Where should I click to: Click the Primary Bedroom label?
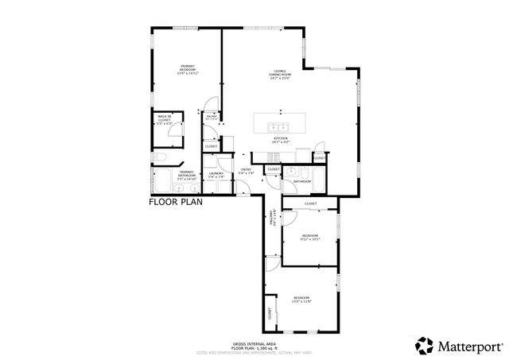pos(188,69)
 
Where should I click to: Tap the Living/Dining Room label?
pos(280,75)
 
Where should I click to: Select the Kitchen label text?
pos(280,140)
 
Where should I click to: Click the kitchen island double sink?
pos(279,126)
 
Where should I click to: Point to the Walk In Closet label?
pos(165,121)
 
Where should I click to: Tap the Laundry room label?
pos(215,176)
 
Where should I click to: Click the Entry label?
pos(247,172)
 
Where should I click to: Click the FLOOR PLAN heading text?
pos(176,203)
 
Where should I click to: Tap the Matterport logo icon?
pos(423,345)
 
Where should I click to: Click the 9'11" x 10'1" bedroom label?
pos(309,237)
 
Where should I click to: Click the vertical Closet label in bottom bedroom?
pos(270,314)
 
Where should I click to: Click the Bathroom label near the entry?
pos(302,182)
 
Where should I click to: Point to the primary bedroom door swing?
pos(208,106)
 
